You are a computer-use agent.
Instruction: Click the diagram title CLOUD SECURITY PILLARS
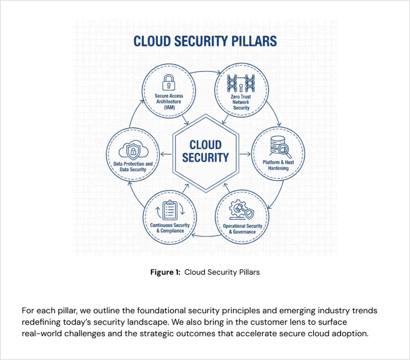pos(205,41)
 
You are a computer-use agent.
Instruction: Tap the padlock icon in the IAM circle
pos(169,82)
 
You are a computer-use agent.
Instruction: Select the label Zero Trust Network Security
pos(241,102)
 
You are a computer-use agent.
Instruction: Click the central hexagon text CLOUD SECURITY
pos(205,151)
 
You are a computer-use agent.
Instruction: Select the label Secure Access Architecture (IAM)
pos(169,101)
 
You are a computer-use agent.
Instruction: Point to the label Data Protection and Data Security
pos(133,167)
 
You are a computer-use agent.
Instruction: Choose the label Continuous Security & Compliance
pos(170,228)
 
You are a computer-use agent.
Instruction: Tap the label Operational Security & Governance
pos(242,229)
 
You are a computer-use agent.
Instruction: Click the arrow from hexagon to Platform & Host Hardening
pos(246,154)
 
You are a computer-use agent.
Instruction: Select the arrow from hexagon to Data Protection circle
pos(166,154)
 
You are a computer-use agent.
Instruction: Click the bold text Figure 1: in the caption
pos(166,272)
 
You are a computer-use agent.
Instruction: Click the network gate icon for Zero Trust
pos(240,83)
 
